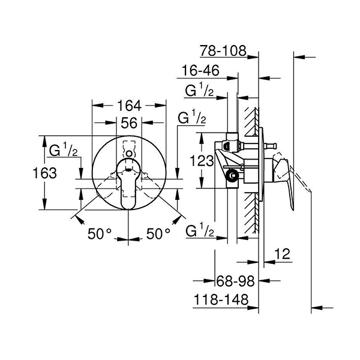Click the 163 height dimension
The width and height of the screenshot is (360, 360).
tap(45, 173)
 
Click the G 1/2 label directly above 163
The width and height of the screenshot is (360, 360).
tap(63, 150)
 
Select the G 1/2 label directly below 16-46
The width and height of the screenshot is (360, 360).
tap(200, 91)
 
